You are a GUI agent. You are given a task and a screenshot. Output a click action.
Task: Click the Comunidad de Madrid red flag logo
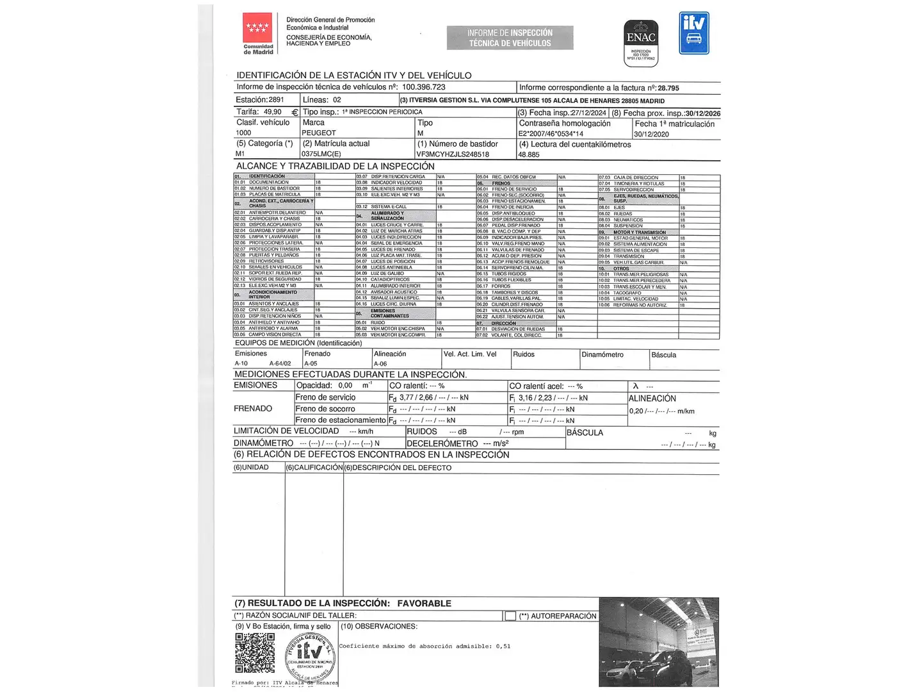(257, 28)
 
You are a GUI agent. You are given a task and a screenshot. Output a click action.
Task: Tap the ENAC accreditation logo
(641, 42)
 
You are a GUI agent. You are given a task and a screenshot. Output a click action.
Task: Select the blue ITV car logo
(694, 33)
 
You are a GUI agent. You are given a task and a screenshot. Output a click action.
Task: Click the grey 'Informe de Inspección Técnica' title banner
(510, 38)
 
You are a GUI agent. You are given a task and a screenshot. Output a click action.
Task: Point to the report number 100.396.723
(423, 87)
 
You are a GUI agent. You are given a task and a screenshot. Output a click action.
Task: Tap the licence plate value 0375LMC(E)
(321, 154)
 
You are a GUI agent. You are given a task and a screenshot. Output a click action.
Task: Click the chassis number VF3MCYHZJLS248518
(453, 154)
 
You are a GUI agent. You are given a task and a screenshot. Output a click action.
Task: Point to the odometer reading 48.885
(529, 154)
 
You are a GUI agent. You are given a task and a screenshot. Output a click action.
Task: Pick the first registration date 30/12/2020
(651, 134)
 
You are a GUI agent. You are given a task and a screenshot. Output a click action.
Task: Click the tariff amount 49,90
(273, 111)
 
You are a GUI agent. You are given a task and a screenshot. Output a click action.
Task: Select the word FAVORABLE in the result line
(424, 604)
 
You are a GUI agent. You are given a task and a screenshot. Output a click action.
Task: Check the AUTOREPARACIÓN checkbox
(510, 616)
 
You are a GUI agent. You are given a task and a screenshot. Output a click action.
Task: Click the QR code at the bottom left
(255, 652)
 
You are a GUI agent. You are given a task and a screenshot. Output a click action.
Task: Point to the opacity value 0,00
(345, 386)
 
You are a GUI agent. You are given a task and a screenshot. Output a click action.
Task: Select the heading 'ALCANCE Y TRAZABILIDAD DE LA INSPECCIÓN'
(336, 166)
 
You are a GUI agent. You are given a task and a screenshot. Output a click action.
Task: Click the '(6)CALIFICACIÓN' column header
(314, 468)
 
